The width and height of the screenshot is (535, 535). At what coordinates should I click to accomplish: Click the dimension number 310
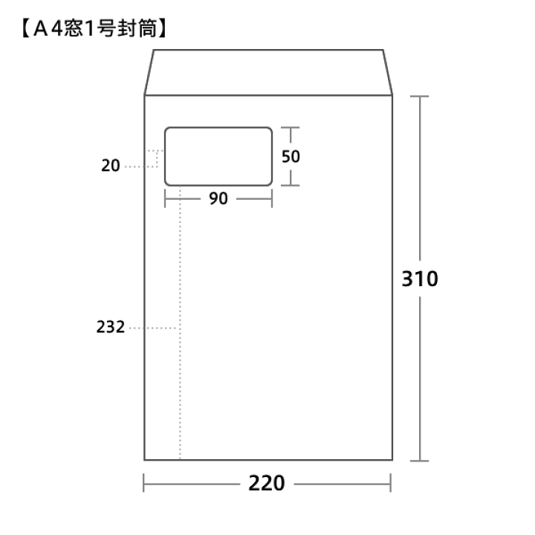coord(420,279)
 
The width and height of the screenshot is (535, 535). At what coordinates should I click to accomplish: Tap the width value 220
coord(267,483)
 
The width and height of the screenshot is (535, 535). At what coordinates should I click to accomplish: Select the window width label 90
coord(218,198)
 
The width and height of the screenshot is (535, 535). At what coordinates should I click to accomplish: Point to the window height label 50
coord(291,157)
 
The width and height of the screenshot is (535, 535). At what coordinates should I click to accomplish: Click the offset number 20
coord(111,166)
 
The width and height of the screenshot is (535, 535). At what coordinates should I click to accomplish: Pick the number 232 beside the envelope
coord(111,327)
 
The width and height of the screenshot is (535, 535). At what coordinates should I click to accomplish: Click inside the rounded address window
coord(218,157)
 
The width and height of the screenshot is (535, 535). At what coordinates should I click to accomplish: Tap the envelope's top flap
coord(268,72)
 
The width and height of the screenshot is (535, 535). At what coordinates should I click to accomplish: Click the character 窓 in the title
coord(74,28)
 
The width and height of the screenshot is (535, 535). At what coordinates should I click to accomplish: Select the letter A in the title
coord(41,29)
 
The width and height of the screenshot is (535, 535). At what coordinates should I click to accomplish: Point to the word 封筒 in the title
coord(137,28)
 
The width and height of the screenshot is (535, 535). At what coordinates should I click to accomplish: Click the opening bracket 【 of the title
coord(26,29)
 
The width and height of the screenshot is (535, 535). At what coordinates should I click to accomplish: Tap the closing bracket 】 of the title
coord(163,29)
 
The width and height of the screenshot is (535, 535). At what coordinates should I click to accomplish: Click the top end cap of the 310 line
coord(419,97)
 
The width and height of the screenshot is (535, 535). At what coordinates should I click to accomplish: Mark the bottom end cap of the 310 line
coord(419,461)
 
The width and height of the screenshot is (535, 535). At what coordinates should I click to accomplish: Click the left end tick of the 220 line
coord(143,483)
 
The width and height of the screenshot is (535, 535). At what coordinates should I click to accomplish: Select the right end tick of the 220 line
coord(391,483)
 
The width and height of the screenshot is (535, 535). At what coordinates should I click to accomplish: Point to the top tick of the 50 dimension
coord(291,128)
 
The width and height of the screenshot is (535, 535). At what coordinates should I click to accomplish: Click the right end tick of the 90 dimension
coord(272,198)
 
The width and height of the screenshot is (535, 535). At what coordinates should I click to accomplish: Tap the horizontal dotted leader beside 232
coord(153,328)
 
